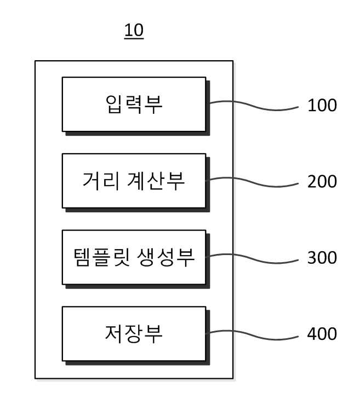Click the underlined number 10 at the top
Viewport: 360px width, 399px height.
(134, 31)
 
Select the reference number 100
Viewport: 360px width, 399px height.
(322, 105)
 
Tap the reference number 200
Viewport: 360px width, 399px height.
(322, 182)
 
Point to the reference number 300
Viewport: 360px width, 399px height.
(322, 258)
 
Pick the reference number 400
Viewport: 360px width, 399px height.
(322, 334)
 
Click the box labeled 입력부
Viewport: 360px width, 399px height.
(134, 105)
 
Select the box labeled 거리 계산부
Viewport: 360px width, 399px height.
(134, 181)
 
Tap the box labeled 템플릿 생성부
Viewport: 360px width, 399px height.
(134, 257)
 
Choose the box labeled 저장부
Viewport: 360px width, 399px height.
(134, 334)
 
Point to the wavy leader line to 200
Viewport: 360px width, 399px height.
(252, 182)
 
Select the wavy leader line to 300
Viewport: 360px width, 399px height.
(252, 258)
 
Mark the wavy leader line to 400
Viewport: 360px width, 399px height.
(252, 334)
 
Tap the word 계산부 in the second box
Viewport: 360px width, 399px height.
(156, 181)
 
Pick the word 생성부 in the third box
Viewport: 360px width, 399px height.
(166, 257)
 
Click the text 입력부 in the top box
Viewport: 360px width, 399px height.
(134, 104)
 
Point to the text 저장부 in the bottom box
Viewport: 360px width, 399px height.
(134, 334)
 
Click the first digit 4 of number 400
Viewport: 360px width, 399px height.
(312, 334)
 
